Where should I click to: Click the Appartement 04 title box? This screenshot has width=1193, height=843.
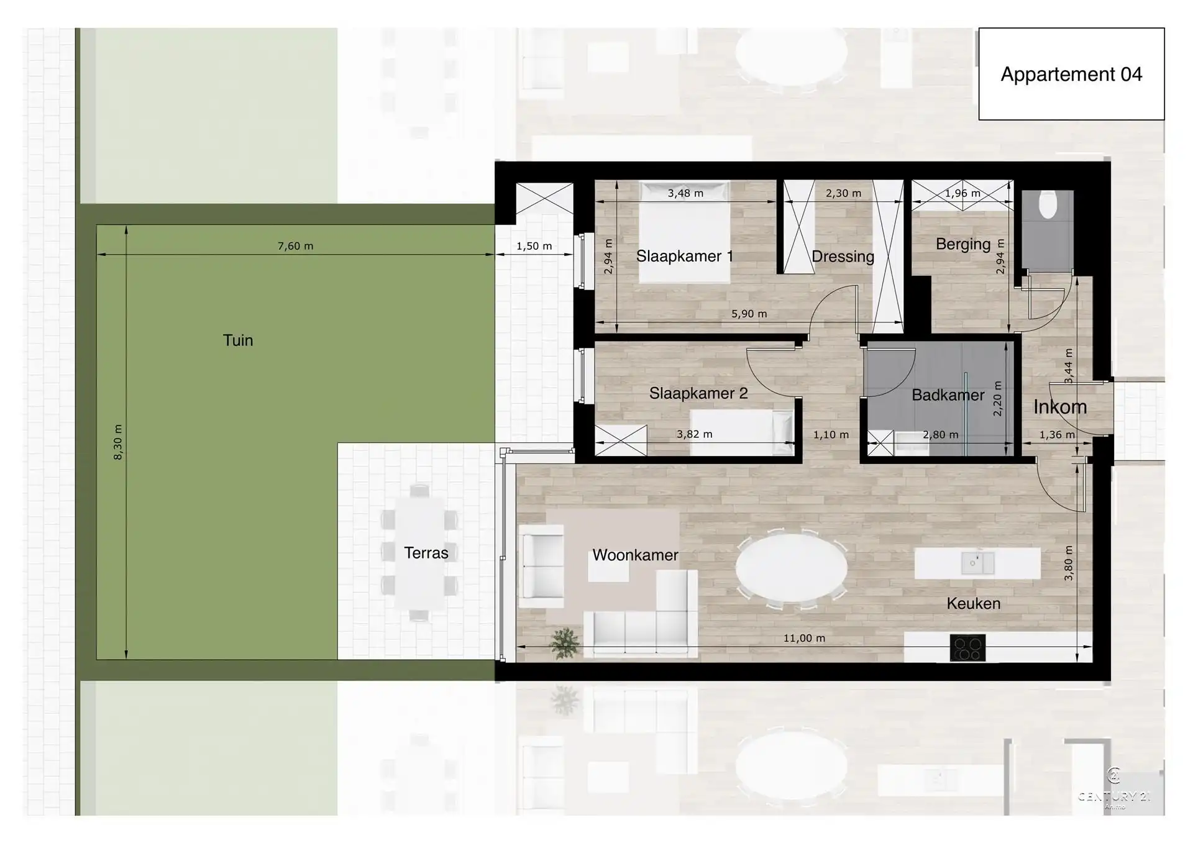click(1071, 74)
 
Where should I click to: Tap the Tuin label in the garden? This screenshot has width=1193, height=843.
click(238, 340)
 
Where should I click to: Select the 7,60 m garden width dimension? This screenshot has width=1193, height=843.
click(295, 246)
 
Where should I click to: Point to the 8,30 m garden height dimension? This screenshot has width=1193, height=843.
click(118, 442)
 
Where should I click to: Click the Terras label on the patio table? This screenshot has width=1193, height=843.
click(426, 553)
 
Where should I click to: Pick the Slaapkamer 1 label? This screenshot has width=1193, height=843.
click(684, 256)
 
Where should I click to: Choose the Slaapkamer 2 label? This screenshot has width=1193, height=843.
click(698, 393)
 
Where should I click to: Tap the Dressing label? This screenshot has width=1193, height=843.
click(843, 257)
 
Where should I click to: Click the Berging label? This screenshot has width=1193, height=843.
click(962, 244)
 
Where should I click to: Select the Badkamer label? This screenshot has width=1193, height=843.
click(948, 395)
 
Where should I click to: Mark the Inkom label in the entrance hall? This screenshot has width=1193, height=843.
click(1059, 407)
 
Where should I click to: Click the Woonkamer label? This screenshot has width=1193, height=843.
click(634, 555)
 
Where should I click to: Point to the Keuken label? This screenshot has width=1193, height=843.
click(973, 603)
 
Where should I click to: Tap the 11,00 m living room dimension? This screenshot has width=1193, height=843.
click(803, 638)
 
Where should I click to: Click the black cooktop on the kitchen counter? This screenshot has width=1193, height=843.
click(967, 648)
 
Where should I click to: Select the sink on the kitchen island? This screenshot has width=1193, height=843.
click(977, 563)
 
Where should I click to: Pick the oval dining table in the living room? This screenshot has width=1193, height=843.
click(791, 567)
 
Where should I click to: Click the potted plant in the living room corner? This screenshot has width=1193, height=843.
click(564, 643)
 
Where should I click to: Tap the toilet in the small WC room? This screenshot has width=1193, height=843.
click(1048, 206)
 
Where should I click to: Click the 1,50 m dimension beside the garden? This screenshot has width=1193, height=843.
click(534, 246)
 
